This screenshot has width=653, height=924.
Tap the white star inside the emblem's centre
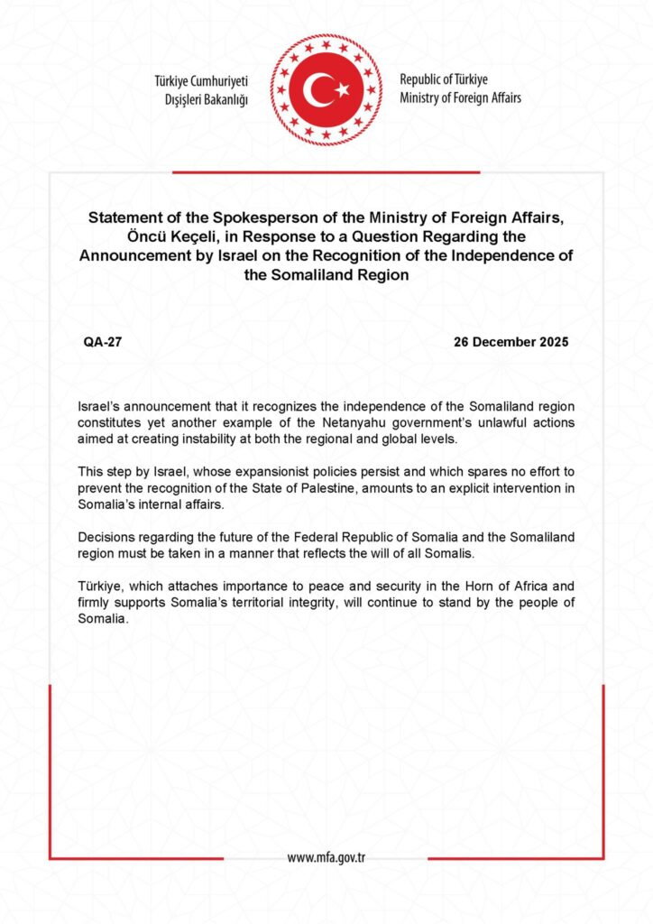click(x=342, y=89)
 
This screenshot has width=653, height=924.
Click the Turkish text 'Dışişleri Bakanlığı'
click(x=199, y=98)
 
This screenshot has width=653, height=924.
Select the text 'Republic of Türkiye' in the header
click(x=444, y=79)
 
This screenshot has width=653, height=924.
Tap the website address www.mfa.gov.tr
click(x=326, y=857)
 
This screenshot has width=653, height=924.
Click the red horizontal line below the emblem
click(x=326, y=172)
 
